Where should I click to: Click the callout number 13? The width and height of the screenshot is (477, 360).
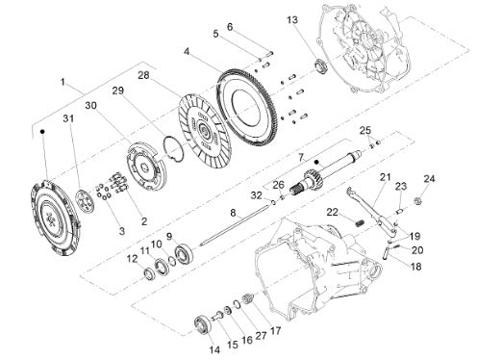[x=292, y=20]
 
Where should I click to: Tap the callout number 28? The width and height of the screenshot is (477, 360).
[x=144, y=76]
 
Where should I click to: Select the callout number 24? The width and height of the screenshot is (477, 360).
[x=430, y=178]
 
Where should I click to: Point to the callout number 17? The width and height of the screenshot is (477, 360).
[x=275, y=330]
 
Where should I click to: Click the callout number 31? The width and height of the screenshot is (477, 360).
[x=68, y=118]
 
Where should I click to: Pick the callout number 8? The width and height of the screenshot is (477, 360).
[x=233, y=213]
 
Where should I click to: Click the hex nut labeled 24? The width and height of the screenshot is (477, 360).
[x=417, y=201]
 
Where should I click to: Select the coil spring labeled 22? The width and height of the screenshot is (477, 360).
[x=360, y=222]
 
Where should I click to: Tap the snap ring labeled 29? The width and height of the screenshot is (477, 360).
[x=173, y=149]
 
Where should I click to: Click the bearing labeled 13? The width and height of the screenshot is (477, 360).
[x=320, y=66]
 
